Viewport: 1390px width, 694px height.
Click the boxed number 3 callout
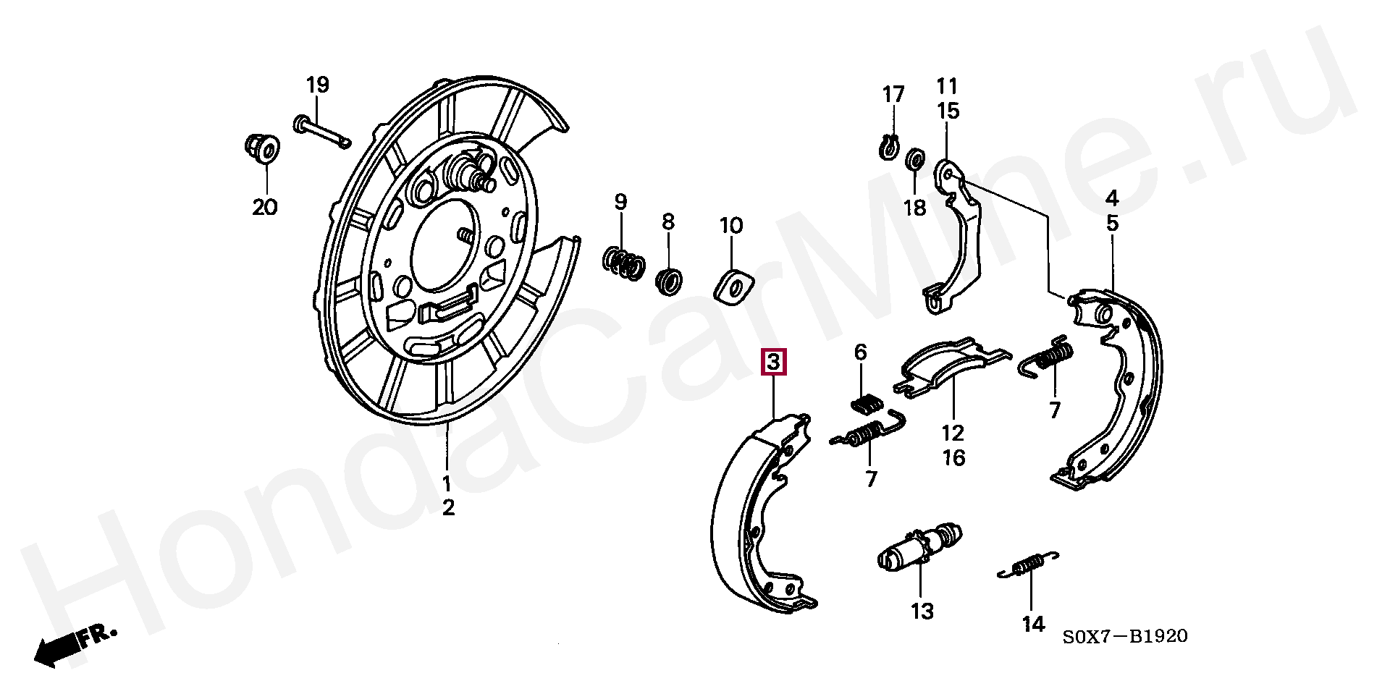pyautogui.click(x=773, y=362)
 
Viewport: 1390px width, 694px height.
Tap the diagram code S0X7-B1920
pyautogui.click(x=1125, y=636)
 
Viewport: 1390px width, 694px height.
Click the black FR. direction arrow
pyautogui.click(x=58, y=648)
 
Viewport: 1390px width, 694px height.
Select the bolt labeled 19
pyautogui.click(x=321, y=132)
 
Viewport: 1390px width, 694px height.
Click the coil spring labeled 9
pyautogui.click(x=623, y=263)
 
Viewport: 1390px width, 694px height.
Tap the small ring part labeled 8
pyautogui.click(x=669, y=280)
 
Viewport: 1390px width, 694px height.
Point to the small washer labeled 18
pyautogui.click(x=915, y=158)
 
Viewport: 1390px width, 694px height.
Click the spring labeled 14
pyautogui.click(x=1028, y=564)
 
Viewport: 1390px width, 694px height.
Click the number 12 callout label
pyautogui.click(x=953, y=433)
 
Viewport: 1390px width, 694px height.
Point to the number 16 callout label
pyautogui.click(x=953, y=457)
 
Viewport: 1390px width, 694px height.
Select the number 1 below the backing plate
pyautogui.click(x=447, y=483)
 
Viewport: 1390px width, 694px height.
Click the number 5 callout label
pyautogui.click(x=1112, y=223)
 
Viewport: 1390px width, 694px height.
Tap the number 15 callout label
pyautogui.click(x=948, y=111)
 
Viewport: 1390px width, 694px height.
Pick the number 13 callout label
pyautogui.click(x=922, y=612)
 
